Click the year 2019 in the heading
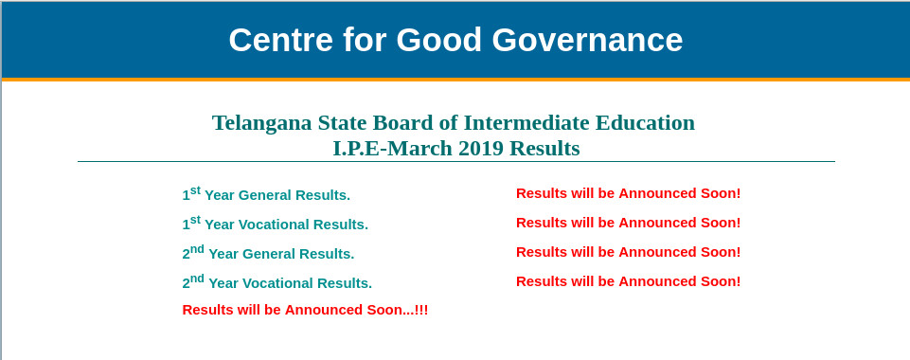pos(481,148)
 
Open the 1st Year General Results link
pos(266,194)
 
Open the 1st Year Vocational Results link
pos(275,224)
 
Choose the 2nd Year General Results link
pos(268,253)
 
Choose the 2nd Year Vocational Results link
pos(277,282)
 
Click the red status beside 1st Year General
pos(628,193)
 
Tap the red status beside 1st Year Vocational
pos(628,223)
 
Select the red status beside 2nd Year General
pos(628,252)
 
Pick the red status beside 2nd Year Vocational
pos(628,281)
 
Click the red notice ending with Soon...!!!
pos(305,310)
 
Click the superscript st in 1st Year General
pos(195,189)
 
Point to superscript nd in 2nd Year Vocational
pos(197,278)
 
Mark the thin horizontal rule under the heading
pos(455,162)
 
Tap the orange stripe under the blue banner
pos(455,80)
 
